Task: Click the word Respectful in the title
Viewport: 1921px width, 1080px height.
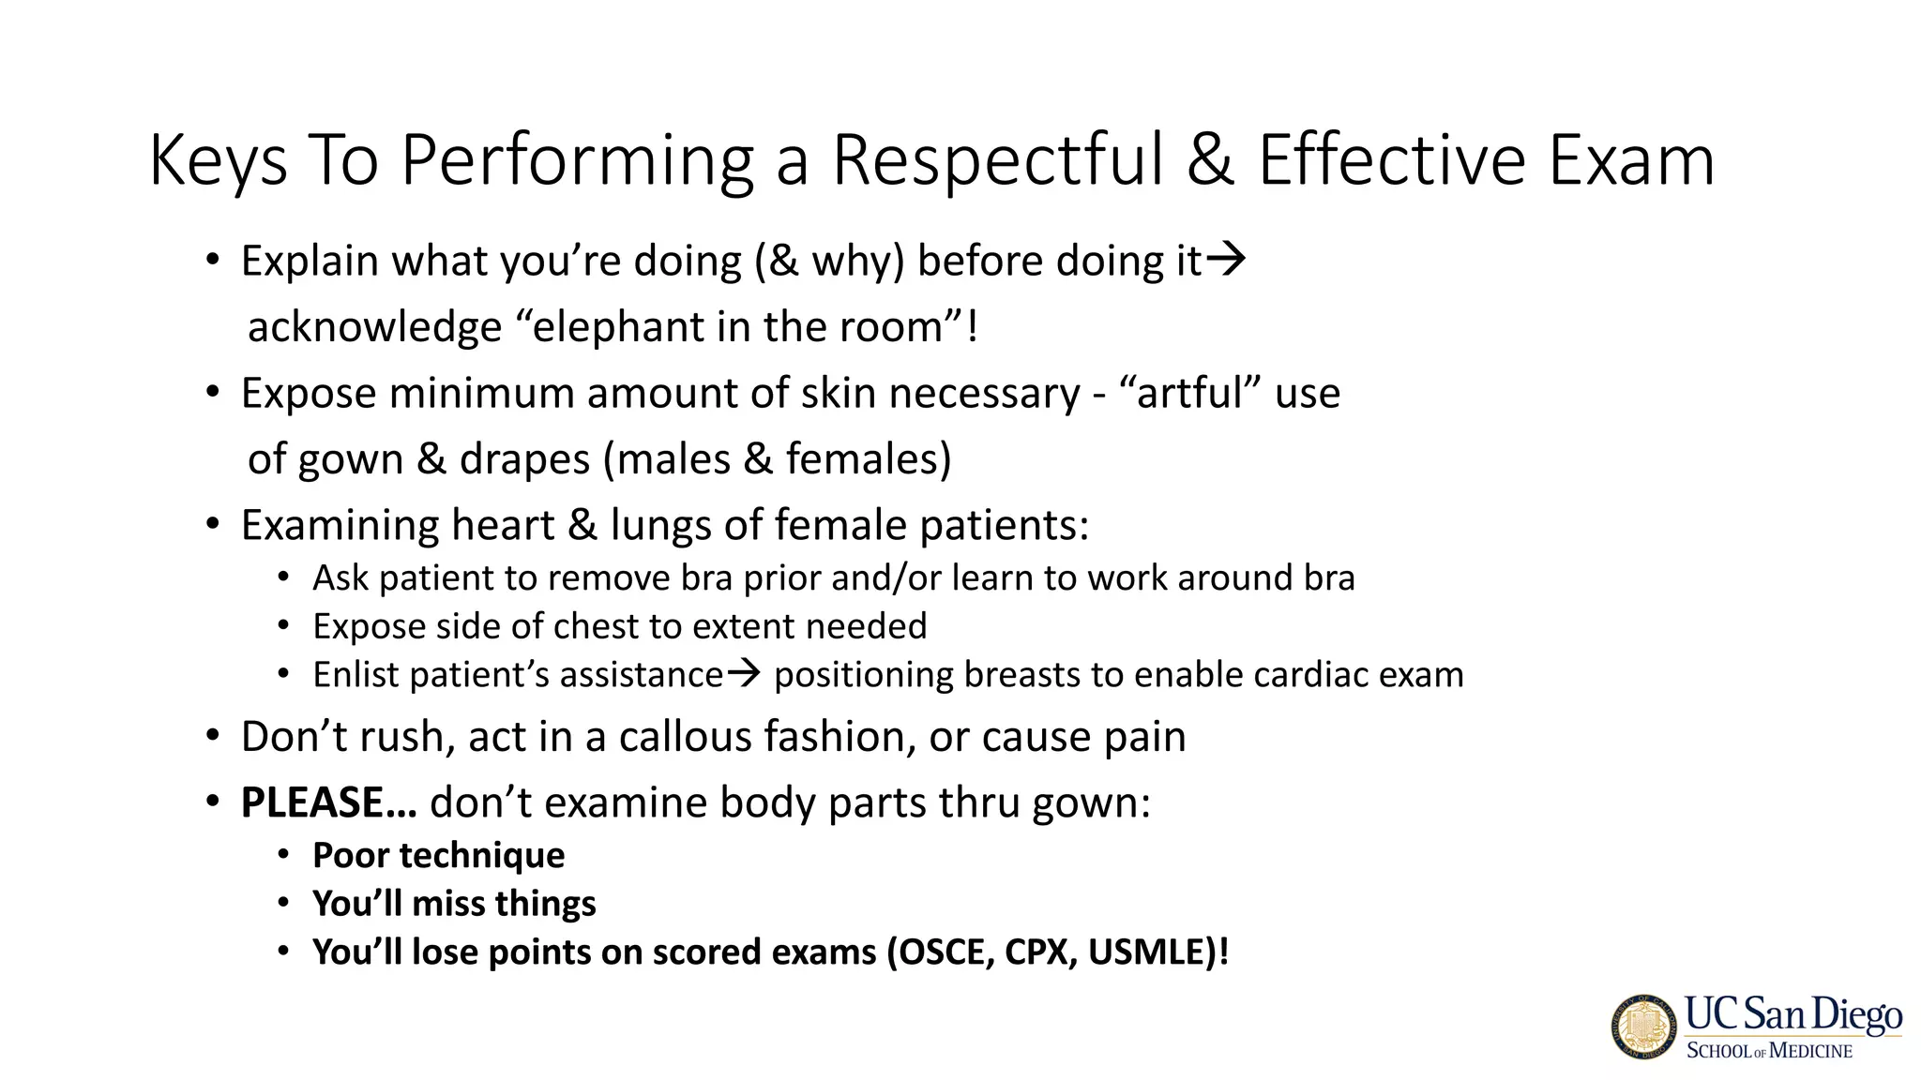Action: [x=998, y=160]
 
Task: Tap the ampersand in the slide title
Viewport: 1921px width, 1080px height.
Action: [x=1210, y=160]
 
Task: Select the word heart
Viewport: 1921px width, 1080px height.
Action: [x=503, y=525]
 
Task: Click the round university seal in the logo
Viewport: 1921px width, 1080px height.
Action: [x=1644, y=1027]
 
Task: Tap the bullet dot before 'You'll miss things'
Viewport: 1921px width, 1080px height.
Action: [x=283, y=903]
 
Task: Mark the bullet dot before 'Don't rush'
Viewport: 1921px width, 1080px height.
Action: [x=213, y=736]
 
